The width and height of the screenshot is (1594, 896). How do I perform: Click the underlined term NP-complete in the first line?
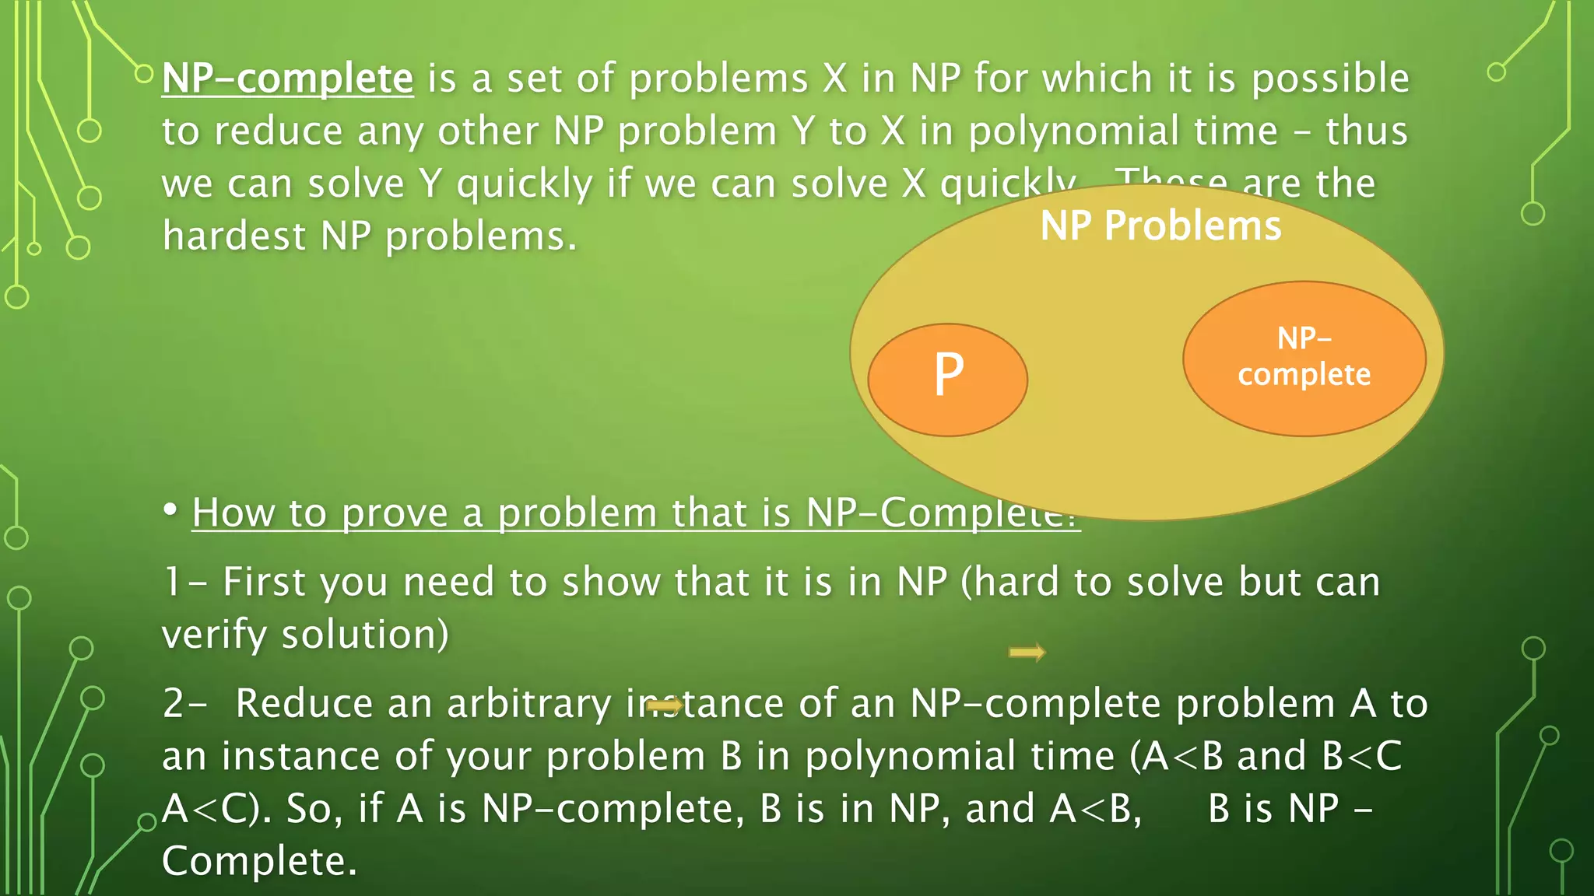pos(287,79)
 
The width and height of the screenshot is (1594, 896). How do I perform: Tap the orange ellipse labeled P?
pos(947,380)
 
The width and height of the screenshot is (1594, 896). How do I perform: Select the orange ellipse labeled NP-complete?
pos(1304,359)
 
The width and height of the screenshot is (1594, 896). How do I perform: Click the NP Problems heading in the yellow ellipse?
pos(1160,226)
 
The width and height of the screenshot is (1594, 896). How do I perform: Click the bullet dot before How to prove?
pos(170,510)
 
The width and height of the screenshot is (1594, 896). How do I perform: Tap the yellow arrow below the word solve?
pos(1027,652)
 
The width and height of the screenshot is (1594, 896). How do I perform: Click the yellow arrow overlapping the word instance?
pos(664,705)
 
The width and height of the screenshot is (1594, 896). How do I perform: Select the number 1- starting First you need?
pos(184,582)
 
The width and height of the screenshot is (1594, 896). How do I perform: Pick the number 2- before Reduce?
pos(184,704)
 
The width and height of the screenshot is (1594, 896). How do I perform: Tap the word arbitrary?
pos(529,704)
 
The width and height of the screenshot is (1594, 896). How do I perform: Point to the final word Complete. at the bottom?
pos(259,861)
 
